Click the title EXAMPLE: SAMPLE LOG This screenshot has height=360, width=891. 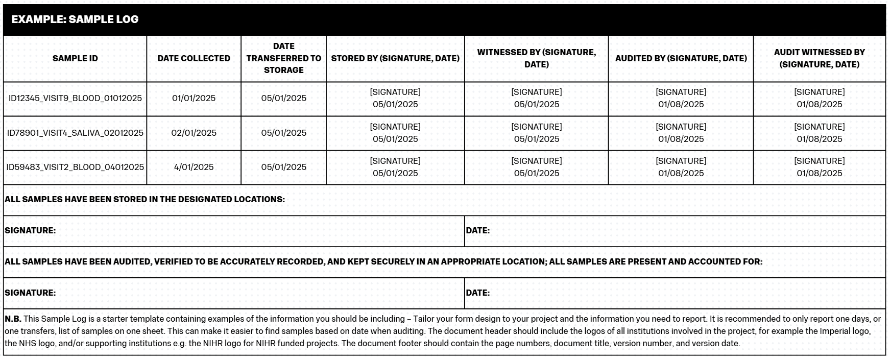[75, 19]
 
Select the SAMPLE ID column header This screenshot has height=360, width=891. [75, 58]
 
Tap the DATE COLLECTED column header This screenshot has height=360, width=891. [194, 58]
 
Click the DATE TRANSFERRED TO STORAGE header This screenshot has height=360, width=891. [283, 58]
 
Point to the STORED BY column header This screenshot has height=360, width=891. [395, 58]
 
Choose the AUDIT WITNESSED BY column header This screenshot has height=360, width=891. [819, 58]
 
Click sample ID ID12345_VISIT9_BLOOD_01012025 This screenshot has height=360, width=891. [75, 98]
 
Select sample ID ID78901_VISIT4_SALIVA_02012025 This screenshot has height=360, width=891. [75, 133]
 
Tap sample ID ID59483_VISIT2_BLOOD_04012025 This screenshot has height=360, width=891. [75, 167]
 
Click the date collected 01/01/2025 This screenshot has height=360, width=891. [194, 98]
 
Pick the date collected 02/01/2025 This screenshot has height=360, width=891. [194, 133]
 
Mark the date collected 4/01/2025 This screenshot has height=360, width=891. [194, 167]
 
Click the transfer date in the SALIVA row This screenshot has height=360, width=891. [283, 133]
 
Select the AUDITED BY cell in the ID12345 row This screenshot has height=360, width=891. [681, 98]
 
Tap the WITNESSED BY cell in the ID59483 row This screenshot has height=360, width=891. [536, 167]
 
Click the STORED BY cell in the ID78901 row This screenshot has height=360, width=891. [395, 133]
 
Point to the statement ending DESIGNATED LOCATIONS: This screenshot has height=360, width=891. [145, 199]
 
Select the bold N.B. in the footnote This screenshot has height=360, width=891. [13, 319]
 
